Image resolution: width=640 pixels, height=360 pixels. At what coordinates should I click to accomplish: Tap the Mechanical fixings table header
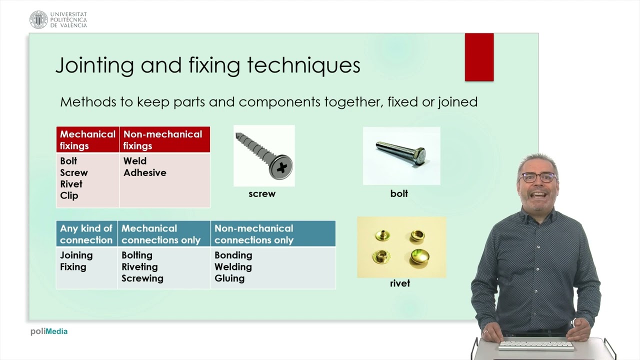(87, 139)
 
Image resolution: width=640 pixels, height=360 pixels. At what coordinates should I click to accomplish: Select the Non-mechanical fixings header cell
(164, 139)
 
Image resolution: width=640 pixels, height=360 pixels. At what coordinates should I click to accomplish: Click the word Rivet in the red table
(71, 184)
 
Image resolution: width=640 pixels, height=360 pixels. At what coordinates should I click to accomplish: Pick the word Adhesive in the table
(144, 172)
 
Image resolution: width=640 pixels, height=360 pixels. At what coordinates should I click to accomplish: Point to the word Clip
(69, 195)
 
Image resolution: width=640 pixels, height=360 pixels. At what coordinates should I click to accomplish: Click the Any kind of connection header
(86, 234)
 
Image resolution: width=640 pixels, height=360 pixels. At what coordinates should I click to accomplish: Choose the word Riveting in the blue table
(139, 267)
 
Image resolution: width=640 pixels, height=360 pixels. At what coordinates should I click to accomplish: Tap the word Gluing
(229, 278)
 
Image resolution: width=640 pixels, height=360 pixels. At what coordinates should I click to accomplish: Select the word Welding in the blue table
(233, 267)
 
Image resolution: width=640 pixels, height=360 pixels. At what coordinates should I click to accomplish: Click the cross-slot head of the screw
(281, 167)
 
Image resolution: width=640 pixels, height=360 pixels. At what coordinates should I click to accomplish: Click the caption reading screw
(262, 194)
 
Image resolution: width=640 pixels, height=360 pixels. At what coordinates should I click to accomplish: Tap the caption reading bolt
(399, 193)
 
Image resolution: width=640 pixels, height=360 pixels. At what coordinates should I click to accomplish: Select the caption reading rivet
(400, 283)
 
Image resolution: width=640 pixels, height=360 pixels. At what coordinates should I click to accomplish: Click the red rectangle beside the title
(479, 57)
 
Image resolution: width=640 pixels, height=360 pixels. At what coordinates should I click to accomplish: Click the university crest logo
(38, 19)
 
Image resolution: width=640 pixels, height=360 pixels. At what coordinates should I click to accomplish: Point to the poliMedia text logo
(49, 331)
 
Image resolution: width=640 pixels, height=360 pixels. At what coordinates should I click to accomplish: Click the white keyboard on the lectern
(536, 345)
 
